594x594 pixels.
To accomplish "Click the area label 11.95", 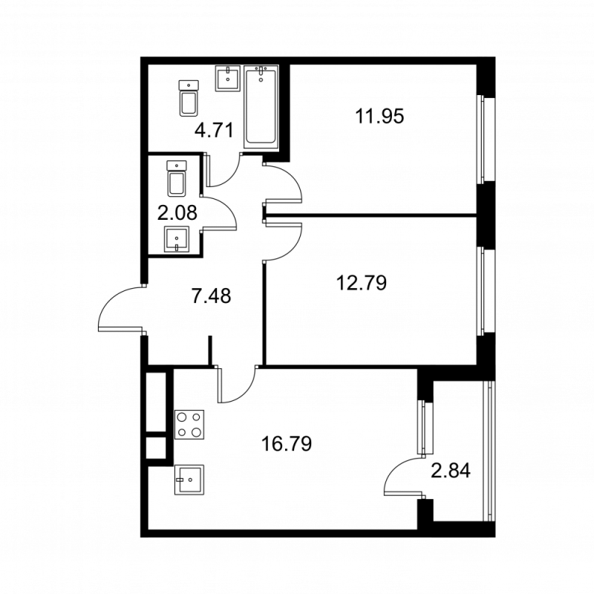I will click(x=379, y=117).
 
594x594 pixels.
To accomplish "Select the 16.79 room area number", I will click(x=286, y=444).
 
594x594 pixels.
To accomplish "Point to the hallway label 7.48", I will click(x=212, y=297).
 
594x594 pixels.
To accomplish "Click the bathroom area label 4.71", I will click(x=214, y=131).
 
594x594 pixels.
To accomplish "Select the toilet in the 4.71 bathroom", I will click(x=189, y=98).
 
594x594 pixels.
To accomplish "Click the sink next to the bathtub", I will click(x=228, y=78).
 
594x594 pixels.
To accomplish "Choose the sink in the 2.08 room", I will click(x=176, y=240).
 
